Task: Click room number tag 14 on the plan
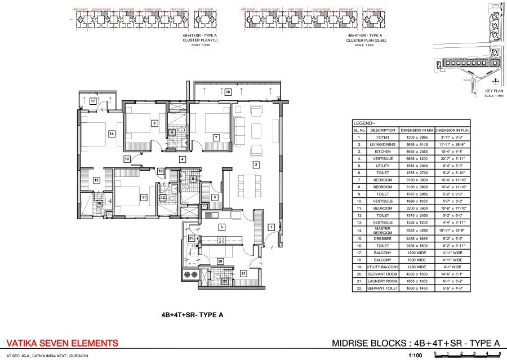pos(112,134)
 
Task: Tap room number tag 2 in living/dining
pos(256,165)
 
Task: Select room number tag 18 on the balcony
pos(228,91)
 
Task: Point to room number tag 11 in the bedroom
pos(144,198)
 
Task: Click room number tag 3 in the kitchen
pos(222,227)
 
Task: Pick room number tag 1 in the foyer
pos(271,226)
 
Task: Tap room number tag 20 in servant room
pos(220,261)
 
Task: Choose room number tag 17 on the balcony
pos(93,101)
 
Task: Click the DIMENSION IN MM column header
pos(415,130)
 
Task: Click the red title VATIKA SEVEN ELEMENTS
pos(62,343)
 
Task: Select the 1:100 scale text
pos(415,355)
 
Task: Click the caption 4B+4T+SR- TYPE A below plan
pos(193,316)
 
